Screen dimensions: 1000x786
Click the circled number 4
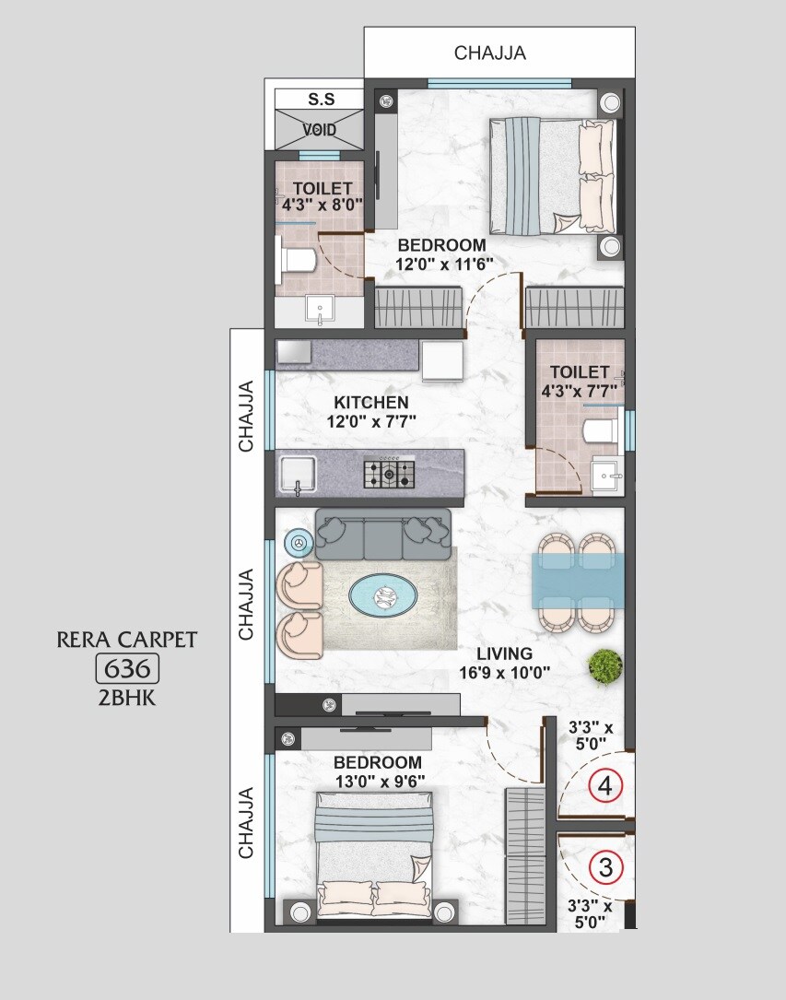tap(605, 786)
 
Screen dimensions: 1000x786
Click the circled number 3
tap(605, 866)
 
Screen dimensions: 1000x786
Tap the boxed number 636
tap(128, 668)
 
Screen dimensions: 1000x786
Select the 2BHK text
tap(127, 697)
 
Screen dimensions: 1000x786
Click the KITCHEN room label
tap(371, 403)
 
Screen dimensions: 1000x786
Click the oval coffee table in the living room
tap(381, 596)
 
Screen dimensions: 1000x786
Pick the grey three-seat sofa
tap(383, 534)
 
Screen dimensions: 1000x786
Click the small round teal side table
tap(298, 544)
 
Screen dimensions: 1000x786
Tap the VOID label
tap(320, 130)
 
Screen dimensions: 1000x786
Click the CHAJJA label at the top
tap(490, 53)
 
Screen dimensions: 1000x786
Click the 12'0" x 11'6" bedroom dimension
tap(444, 264)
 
